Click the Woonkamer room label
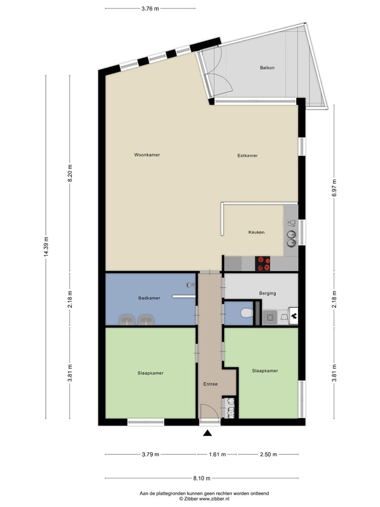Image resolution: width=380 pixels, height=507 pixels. [x=147, y=155]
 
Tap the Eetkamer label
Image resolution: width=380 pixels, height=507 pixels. [x=248, y=156]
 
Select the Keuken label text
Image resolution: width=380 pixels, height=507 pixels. [x=256, y=232]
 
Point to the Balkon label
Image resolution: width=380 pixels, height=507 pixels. [x=267, y=68]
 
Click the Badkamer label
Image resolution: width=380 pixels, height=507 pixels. [x=149, y=298]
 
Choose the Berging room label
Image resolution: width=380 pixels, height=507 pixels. [x=268, y=293]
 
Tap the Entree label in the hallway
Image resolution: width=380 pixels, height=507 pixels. [x=211, y=384]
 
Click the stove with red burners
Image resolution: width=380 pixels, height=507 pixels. [x=263, y=263]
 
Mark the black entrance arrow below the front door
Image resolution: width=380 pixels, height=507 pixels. [x=207, y=434]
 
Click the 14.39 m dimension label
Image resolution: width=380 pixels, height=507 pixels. [x=46, y=247]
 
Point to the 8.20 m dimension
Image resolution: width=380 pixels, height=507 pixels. [x=69, y=173]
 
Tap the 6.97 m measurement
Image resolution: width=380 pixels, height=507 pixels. [x=334, y=188]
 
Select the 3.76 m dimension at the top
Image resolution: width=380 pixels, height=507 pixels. [x=150, y=8]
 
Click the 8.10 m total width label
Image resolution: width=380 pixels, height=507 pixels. [x=201, y=478]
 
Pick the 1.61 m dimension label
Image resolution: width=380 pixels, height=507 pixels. [x=217, y=454]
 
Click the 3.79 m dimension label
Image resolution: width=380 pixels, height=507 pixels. [x=150, y=454]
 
